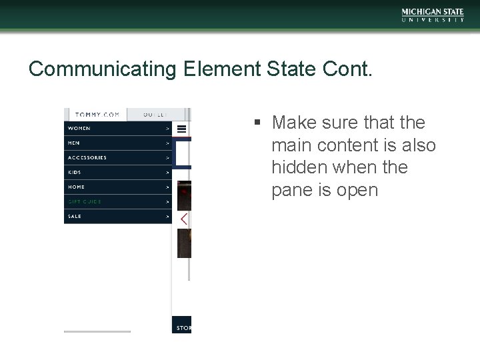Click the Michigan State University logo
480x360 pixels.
tap(433, 15)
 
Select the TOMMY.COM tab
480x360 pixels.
tap(97, 115)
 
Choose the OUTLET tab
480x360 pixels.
tap(157, 115)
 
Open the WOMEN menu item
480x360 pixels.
tap(79, 128)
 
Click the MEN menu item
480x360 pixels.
tap(74, 143)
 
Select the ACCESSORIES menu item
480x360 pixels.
tap(87, 157)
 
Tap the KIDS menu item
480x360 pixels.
tap(75, 172)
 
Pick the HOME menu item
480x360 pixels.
tap(77, 187)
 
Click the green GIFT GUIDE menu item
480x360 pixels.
tap(85, 201)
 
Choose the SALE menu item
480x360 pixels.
tap(75, 216)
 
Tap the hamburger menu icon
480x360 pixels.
tap(181, 129)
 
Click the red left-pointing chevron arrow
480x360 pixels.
tap(184, 219)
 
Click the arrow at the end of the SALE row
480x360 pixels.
tap(167, 216)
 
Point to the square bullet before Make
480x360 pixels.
tap(256, 123)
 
